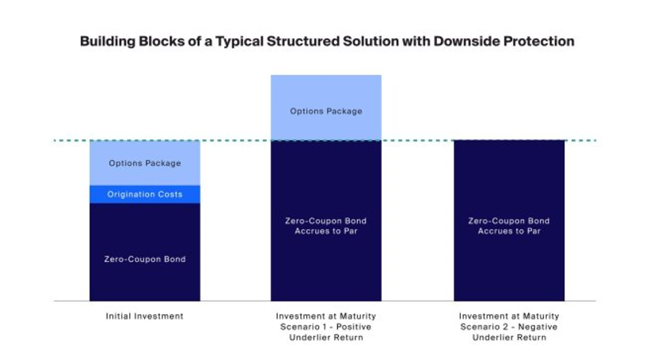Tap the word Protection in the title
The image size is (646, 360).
click(x=538, y=41)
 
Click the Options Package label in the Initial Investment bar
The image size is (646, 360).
click(x=145, y=164)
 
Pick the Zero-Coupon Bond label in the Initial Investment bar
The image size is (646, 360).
click(x=145, y=259)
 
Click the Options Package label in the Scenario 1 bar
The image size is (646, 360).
click(x=326, y=112)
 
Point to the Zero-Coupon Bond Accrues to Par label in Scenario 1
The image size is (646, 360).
click(x=326, y=226)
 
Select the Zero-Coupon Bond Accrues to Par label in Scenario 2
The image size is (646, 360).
click(x=509, y=226)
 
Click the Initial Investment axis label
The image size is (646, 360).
click(x=145, y=316)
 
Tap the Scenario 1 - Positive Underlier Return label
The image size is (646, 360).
click(x=326, y=327)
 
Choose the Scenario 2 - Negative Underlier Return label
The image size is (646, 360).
click(x=509, y=327)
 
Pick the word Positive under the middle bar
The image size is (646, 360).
click(x=352, y=327)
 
